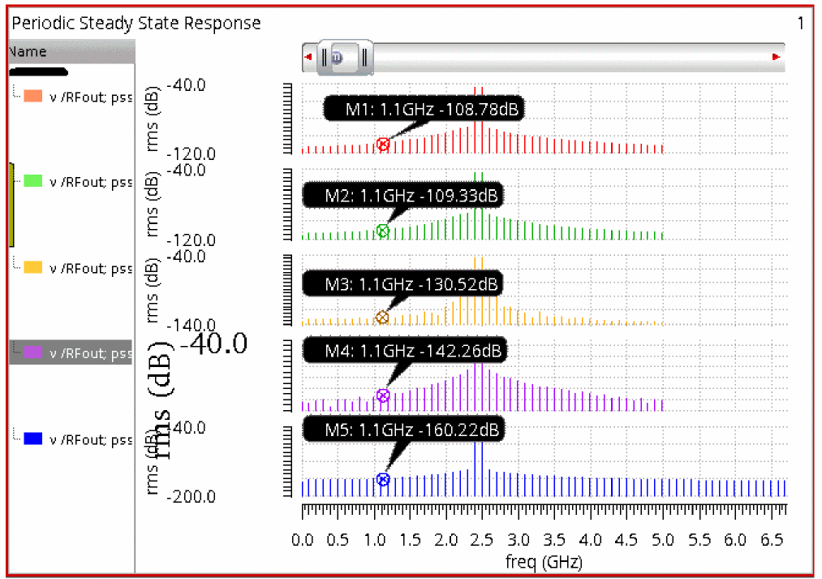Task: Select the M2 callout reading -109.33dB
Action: [x=402, y=196]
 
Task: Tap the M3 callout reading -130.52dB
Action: [x=402, y=284]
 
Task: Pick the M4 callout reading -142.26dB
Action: [x=402, y=351]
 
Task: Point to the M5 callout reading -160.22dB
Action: [x=402, y=429]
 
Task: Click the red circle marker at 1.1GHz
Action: [x=383, y=145]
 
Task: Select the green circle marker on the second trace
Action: [x=383, y=231]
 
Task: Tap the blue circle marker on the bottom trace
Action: [x=383, y=480]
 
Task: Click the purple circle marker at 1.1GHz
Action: [x=383, y=396]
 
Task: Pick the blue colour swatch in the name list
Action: [x=33, y=439]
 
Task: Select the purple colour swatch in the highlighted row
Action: [x=33, y=353]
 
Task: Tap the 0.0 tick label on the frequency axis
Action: [x=303, y=540]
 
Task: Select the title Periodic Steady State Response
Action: [x=136, y=24]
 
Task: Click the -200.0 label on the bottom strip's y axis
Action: [x=192, y=497]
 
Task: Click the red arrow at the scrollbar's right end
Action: [x=776, y=57]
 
